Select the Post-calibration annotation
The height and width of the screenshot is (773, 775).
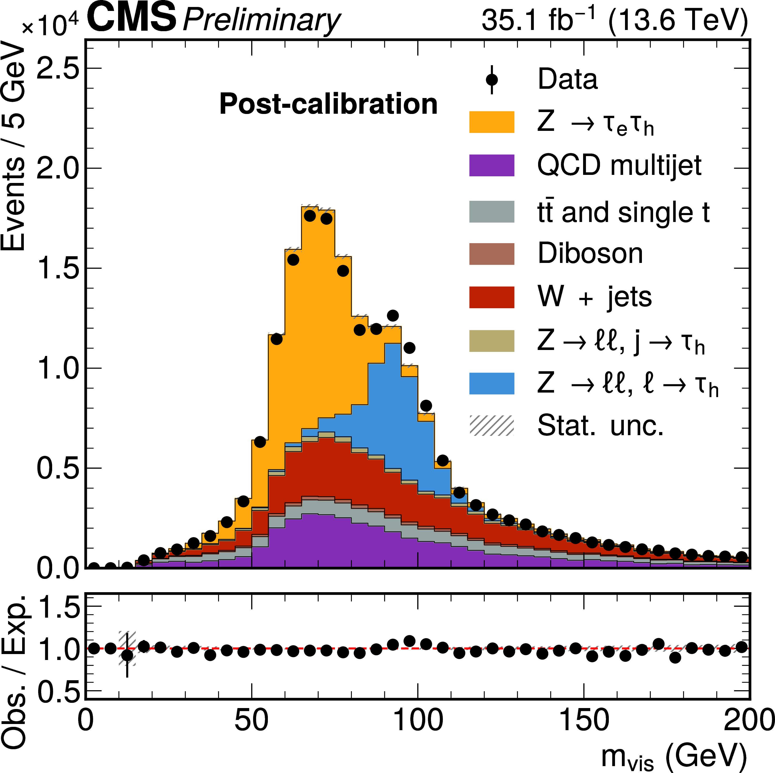tap(328, 104)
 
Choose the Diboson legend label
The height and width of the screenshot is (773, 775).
tap(590, 254)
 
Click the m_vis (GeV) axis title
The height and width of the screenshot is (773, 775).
tap(674, 756)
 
